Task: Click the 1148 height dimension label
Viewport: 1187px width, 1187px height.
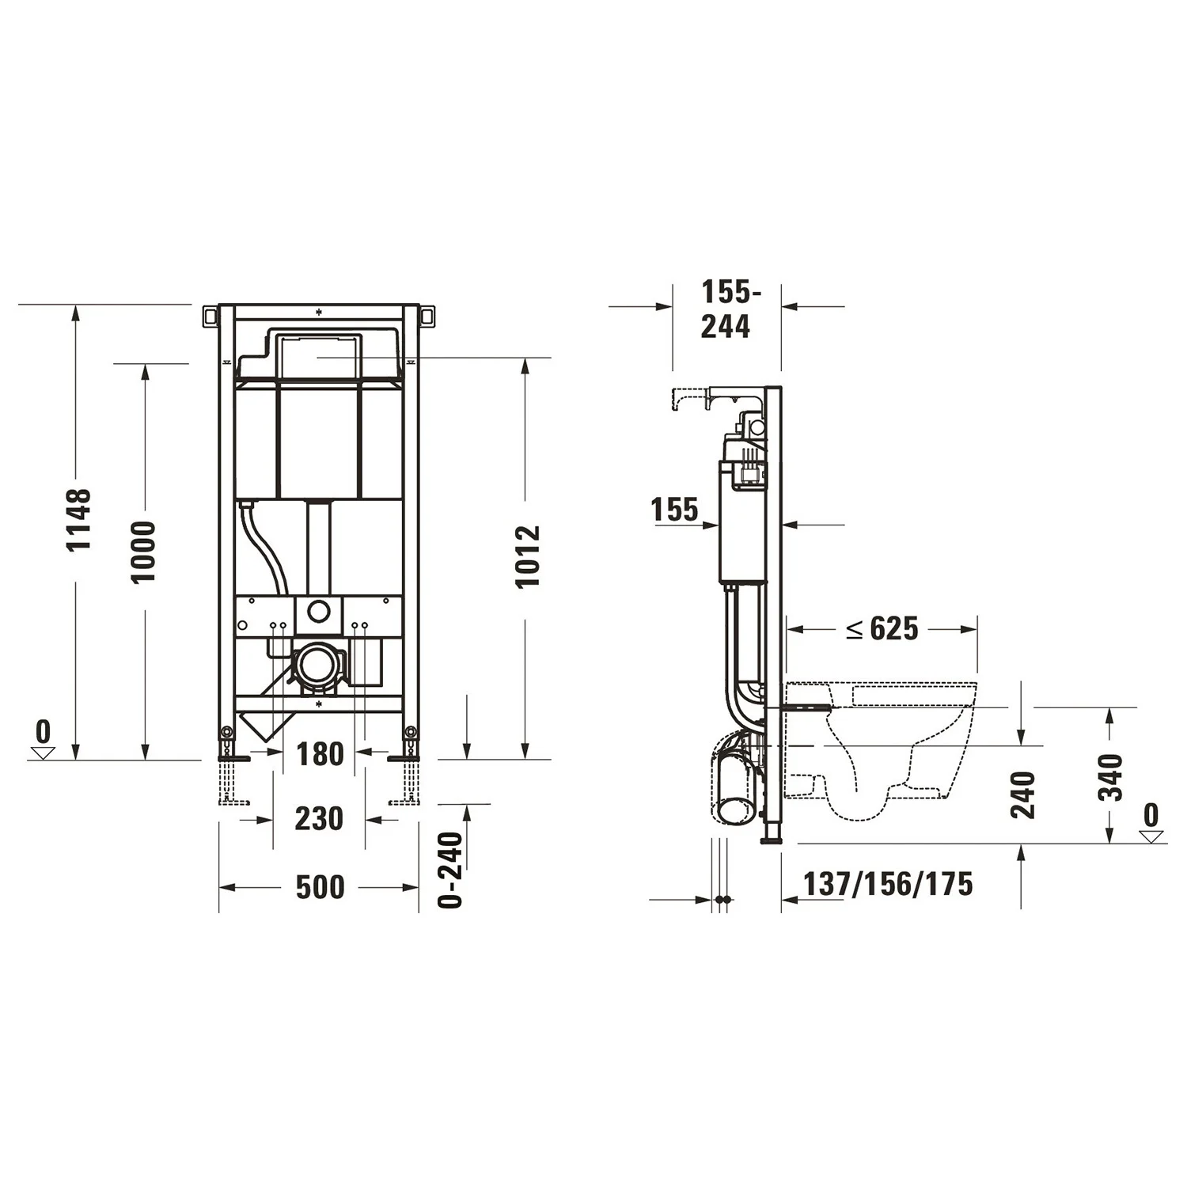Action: (79, 519)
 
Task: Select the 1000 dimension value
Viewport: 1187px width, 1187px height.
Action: (144, 552)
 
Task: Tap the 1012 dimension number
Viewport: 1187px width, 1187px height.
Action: (527, 556)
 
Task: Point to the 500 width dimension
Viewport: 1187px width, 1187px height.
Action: (320, 887)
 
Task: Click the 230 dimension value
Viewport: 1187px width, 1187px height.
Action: (319, 818)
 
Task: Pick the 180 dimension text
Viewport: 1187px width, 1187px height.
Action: (320, 754)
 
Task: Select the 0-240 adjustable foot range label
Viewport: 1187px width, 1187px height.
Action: (451, 869)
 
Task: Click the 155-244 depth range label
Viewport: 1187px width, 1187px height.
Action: (726, 309)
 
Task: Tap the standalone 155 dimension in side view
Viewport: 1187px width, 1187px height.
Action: (675, 510)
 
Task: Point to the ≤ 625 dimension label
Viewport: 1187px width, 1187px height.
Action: (882, 629)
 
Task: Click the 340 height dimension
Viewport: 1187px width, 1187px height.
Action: (1112, 777)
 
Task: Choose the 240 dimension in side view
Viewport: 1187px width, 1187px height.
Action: (1022, 794)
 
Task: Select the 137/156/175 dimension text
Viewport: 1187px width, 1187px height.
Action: (888, 884)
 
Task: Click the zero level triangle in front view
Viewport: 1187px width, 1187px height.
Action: (43, 752)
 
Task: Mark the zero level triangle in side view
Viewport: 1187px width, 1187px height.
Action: (1151, 836)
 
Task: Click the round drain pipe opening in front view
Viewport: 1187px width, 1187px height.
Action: (318, 664)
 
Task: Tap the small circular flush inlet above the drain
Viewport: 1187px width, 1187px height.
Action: (318, 611)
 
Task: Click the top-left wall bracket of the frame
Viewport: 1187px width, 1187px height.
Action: (210, 316)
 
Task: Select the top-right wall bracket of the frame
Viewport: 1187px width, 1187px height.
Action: (427, 316)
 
